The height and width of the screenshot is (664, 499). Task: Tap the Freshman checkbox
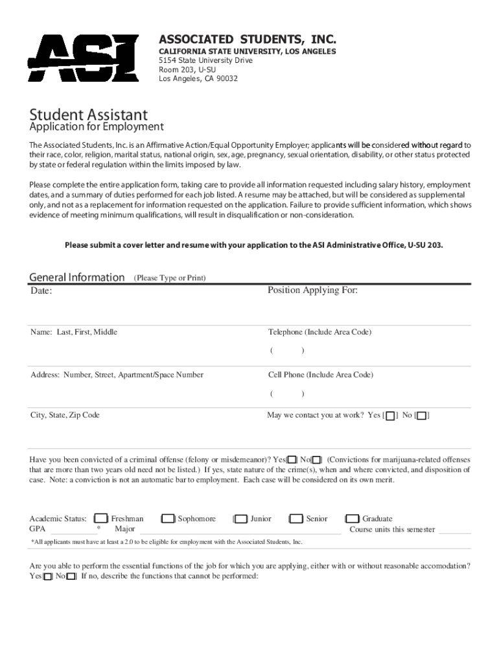coord(101,519)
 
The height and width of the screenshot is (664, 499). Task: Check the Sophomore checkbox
coord(168,519)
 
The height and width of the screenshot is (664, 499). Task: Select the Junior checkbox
coord(241,519)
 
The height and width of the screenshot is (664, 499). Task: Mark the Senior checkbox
coord(297,519)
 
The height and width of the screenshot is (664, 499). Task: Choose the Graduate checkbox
coord(353,519)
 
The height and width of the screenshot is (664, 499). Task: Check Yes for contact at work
coord(390,416)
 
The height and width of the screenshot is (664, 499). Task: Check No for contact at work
coord(422,416)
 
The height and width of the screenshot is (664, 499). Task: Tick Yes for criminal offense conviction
coord(292,460)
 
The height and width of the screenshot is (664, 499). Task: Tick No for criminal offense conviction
coord(316,460)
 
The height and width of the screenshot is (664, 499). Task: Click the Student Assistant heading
coord(89,115)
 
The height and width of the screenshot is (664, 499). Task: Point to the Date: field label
coord(41,291)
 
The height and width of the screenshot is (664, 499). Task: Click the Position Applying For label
coord(312,290)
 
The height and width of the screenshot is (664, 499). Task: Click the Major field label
coord(124,529)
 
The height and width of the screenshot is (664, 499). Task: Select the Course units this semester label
coord(392,529)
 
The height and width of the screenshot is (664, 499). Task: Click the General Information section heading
coord(77,278)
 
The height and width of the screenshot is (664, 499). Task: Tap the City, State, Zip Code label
coord(65,415)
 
